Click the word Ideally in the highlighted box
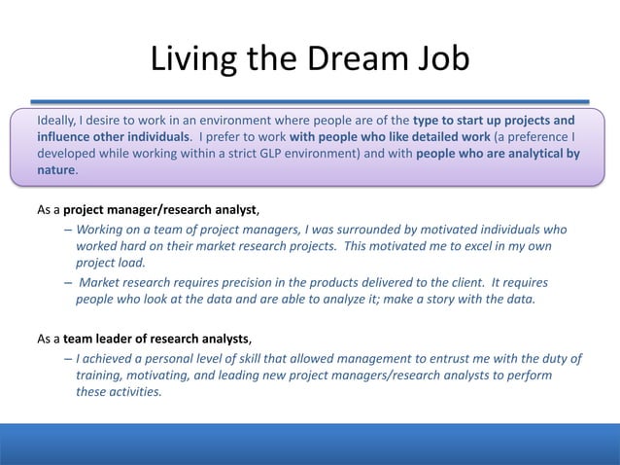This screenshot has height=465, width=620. click(x=59, y=121)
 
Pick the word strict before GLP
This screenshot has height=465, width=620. click(x=229, y=154)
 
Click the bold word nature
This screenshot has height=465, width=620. click(x=55, y=170)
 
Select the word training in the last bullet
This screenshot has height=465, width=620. click(x=99, y=376)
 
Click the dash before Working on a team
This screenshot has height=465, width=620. click(x=67, y=230)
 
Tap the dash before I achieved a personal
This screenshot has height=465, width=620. click(x=67, y=359)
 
